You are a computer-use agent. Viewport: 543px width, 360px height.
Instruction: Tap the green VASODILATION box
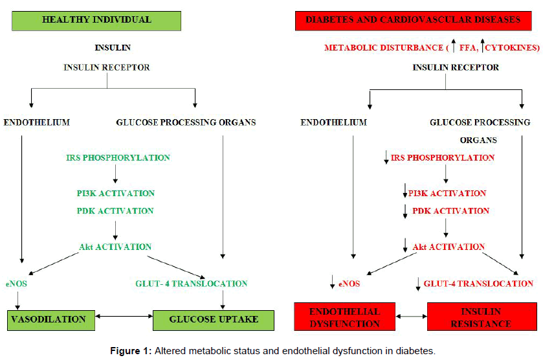(x=47, y=320)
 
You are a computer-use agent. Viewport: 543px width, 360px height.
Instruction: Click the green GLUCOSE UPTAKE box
(x=213, y=320)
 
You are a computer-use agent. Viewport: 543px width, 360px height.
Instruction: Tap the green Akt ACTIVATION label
(x=115, y=247)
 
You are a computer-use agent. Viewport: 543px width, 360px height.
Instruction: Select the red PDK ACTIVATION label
(x=450, y=211)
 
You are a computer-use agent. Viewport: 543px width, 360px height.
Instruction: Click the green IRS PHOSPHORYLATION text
(x=118, y=157)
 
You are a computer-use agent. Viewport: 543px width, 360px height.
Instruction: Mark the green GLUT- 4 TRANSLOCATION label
(x=192, y=284)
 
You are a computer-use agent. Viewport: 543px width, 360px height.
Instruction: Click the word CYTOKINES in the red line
(x=510, y=48)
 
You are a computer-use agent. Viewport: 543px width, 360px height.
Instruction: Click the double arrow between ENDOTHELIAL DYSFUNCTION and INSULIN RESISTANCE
(x=411, y=317)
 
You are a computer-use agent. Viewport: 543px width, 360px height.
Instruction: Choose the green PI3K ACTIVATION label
(x=115, y=193)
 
